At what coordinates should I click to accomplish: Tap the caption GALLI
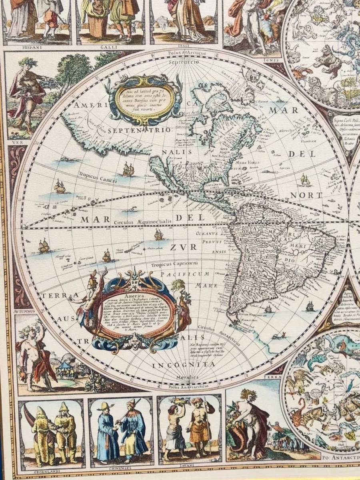[107, 46]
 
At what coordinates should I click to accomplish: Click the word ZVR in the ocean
[183, 247]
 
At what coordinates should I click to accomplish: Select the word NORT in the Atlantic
[312, 195]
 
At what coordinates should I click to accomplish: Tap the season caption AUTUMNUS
[25, 311]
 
